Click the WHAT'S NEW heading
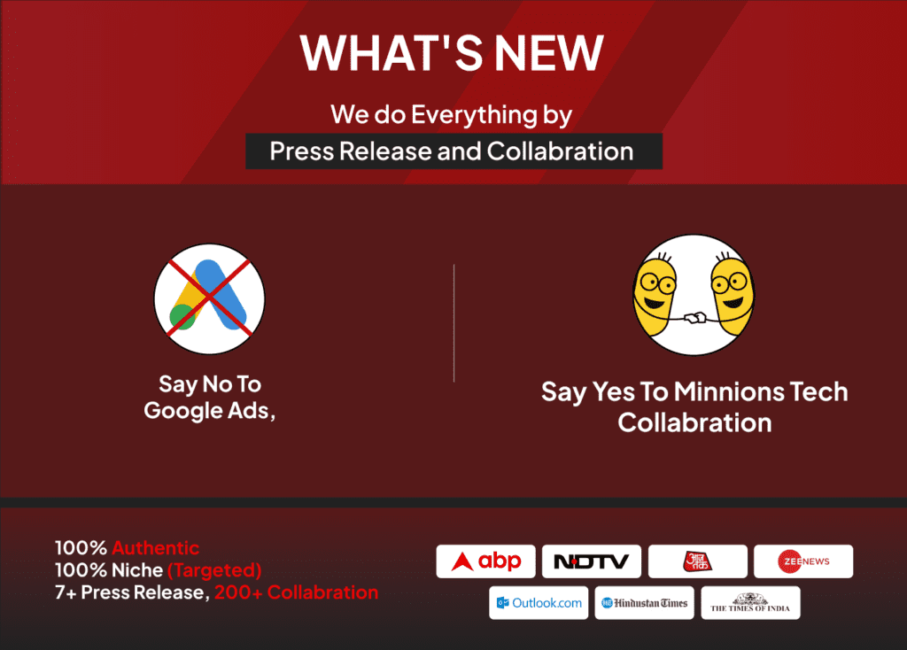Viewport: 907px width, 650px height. [x=452, y=52]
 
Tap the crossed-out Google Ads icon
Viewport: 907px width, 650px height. [x=209, y=299]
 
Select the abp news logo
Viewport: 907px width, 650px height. [x=486, y=561]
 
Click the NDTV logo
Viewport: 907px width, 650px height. [x=591, y=561]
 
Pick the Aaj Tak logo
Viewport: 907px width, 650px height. [x=698, y=561]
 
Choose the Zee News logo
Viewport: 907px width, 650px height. [x=803, y=561]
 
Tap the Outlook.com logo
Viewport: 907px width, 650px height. [x=539, y=602]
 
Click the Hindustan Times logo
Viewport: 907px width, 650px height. [x=645, y=602]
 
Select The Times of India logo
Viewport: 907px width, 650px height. [x=751, y=602]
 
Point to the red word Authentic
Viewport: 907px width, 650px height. [x=156, y=547]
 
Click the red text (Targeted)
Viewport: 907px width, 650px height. [x=214, y=570]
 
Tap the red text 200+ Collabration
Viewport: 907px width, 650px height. [x=296, y=592]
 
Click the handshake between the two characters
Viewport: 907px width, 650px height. [x=694, y=318]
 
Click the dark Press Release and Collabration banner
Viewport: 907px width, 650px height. [x=454, y=151]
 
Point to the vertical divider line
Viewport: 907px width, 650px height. [x=454, y=322]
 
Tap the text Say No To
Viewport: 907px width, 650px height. [x=210, y=384]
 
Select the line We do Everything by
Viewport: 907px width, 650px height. [x=451, y=114]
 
